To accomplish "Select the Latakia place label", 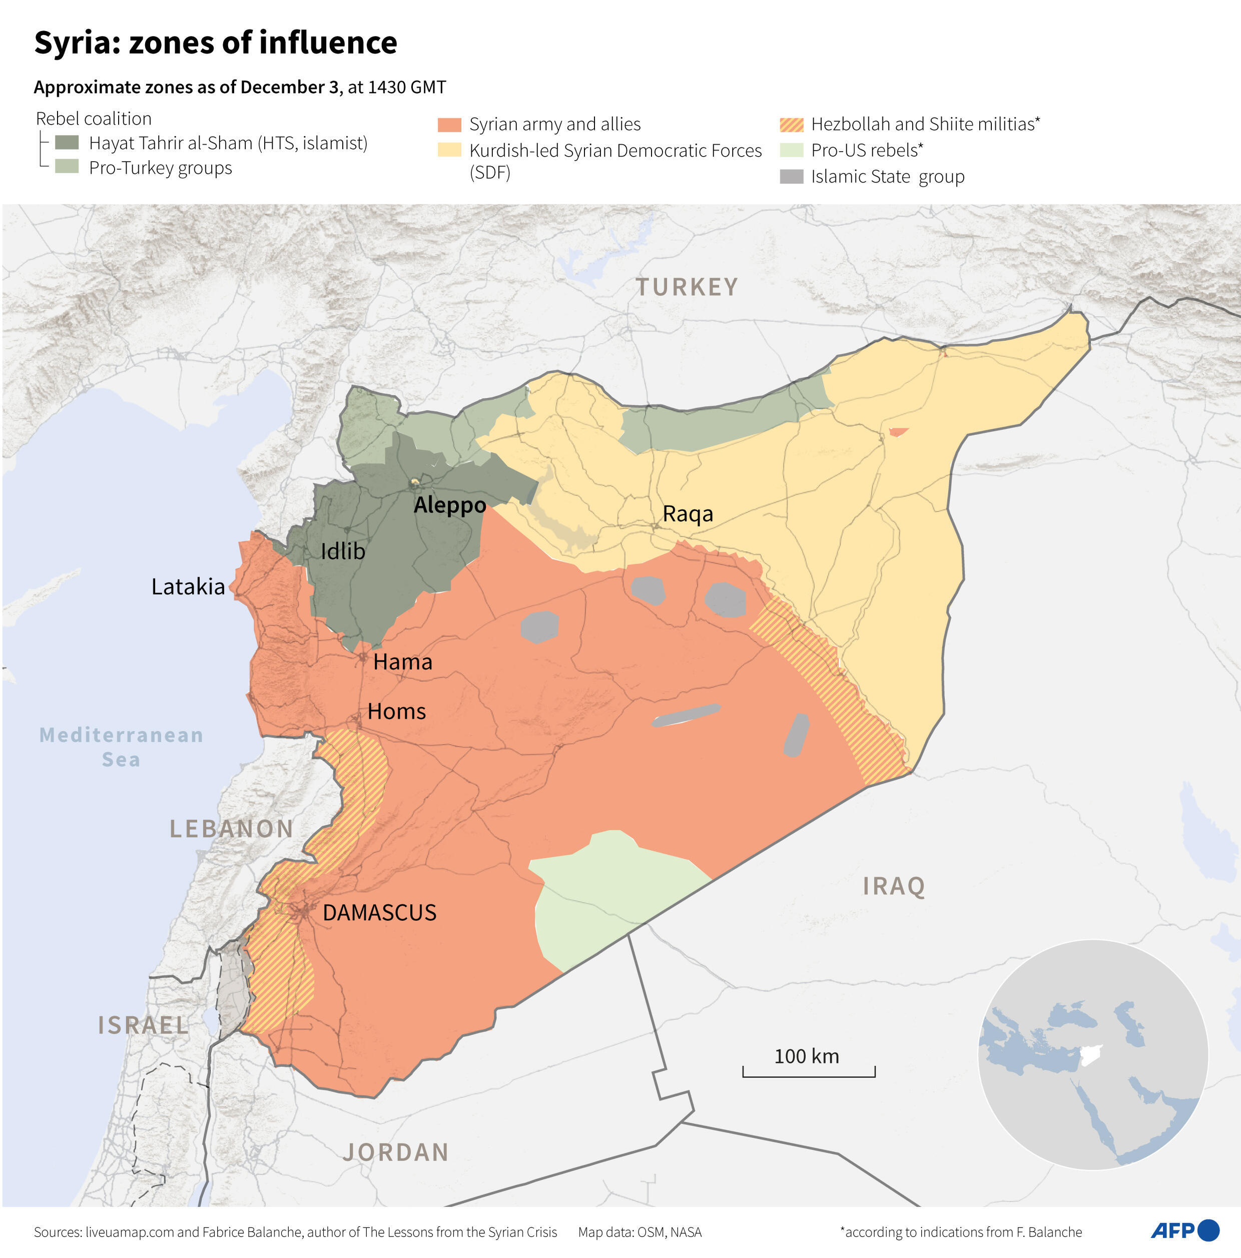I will tap(188, 586).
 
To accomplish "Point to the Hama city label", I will tap(402, 662).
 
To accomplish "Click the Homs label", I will tap(396, 711).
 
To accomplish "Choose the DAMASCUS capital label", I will tap(380, 913).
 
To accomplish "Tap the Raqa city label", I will tap(688, 514).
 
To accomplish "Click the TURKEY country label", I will tap(687, 287).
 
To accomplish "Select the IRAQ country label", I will tap(894, 886).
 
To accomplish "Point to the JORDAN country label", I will tap(396, 1152).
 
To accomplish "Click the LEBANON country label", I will tap(232, 829).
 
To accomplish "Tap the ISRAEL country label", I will tap(143, 1025).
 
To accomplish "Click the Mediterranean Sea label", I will tap(121, 747).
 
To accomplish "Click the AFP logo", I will tap(1185, 1230).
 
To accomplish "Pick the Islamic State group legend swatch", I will tap(791, 177).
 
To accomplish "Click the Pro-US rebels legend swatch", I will tap(791, 151).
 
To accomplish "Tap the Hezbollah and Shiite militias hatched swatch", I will tap(791, 125).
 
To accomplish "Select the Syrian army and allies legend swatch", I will tap(449, 125).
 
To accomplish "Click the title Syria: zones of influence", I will tap(216, 43).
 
